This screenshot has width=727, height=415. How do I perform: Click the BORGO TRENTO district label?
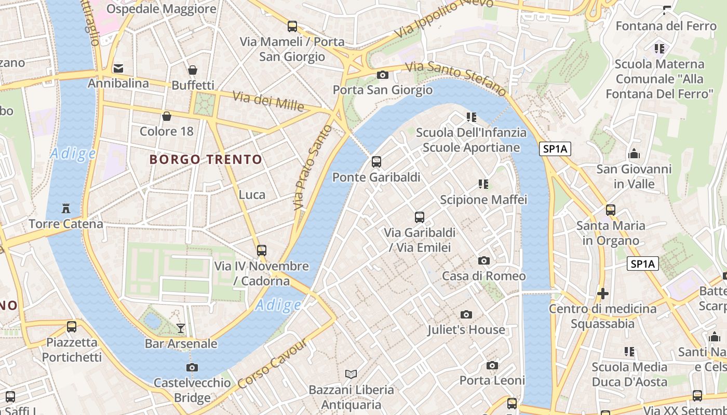point(206,159)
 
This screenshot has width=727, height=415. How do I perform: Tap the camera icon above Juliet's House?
point(466,314)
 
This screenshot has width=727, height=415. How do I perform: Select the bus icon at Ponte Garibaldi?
point(376,162)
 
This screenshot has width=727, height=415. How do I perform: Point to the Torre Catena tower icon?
point(66,209)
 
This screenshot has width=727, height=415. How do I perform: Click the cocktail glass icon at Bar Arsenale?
point(181,328)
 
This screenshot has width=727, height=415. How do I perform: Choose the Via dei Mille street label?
point(268,101)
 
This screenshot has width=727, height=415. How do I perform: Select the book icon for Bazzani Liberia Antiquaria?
point(352,374)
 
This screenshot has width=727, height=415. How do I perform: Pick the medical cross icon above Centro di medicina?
point(602,294)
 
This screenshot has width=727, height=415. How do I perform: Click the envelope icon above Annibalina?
point(119,68)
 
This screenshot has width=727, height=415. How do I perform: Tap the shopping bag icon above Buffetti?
point(193,70)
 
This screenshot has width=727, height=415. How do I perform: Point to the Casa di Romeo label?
point(483,276)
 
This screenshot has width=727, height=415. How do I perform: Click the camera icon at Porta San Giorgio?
point(383,75)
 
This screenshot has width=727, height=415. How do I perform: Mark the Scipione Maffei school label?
point(483,200)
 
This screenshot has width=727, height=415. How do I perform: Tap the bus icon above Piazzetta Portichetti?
point(72,327)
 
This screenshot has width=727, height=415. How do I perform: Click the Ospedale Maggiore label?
point(161,9)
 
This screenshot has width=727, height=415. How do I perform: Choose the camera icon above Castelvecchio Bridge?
point(192,367)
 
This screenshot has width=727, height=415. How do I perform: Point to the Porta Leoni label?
point(492,380)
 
